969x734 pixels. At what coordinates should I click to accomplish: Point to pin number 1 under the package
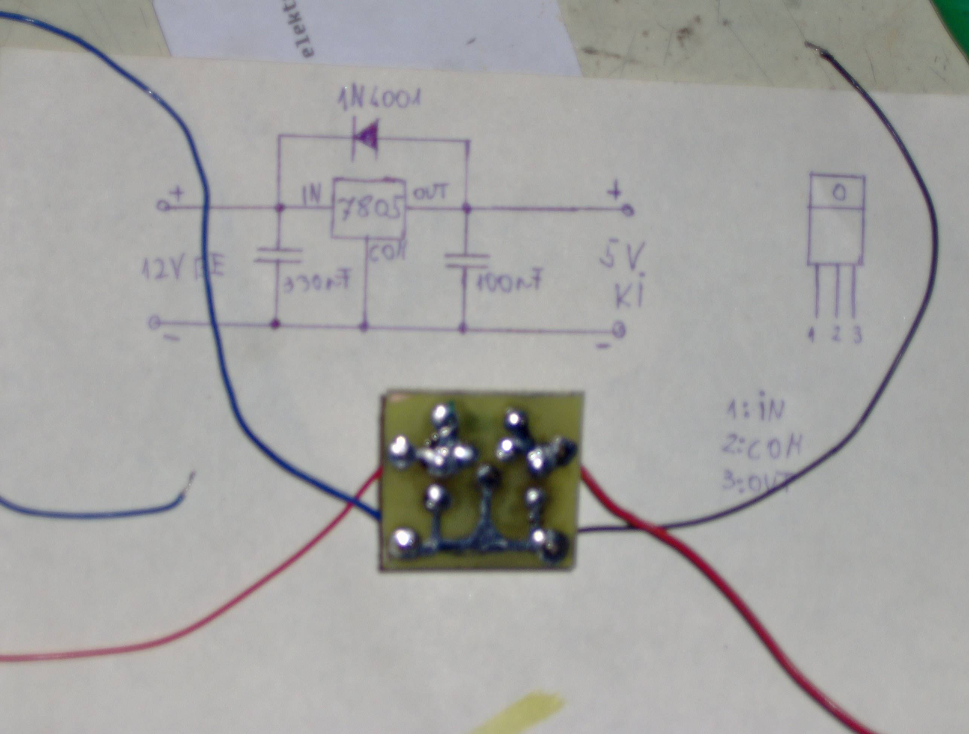(x=813, y=336)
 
